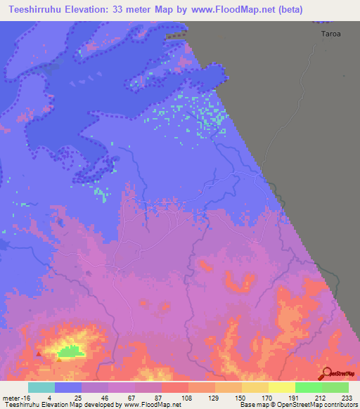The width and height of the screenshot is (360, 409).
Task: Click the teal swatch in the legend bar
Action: click(x=41, y=387)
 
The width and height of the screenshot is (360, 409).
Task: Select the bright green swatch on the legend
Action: click(x=308, y=387)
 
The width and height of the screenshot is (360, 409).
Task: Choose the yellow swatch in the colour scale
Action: click(x=281, y=387)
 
